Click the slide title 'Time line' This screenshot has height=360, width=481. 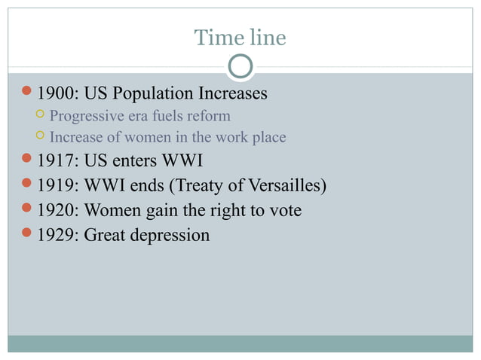pos(240,37)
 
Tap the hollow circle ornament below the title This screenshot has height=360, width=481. pos(240,67)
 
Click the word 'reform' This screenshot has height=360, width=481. pos(210,117)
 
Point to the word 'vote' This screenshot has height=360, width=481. pos(285,210)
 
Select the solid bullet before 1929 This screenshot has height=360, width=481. pos(26,234)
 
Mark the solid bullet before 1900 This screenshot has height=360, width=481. pos(26,94)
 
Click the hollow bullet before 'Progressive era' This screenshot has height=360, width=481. pos(40,116)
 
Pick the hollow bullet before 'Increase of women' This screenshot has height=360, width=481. pos(40,137)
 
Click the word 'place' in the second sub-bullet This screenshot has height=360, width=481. pos(269,138)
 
